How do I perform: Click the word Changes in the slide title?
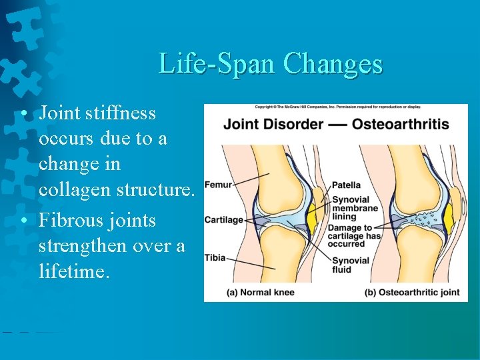(333, 64)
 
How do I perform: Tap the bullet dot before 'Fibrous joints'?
(23, 221)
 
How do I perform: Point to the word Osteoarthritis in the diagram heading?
(401, 125)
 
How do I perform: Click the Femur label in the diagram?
(218, 184)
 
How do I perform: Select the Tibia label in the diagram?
(215, 257)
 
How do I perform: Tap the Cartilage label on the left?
(223, 220)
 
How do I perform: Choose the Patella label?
(346, 185)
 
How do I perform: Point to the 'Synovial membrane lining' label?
(355, 208)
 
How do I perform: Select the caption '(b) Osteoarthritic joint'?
(411, 292)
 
